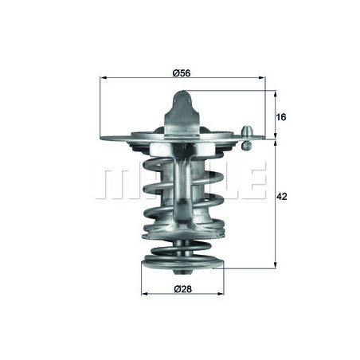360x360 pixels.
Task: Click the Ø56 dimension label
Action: coord(182,72)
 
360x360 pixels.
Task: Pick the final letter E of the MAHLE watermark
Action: coord(253,182)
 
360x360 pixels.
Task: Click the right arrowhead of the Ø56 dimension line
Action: coord(263,78)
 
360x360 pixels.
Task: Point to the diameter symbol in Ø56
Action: coord(175,72)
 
